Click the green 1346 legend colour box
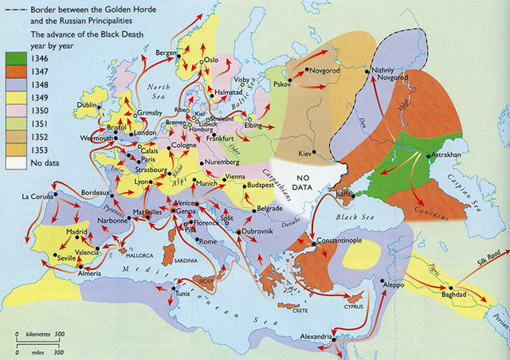coord(17,59)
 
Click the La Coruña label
coord(37,196)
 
